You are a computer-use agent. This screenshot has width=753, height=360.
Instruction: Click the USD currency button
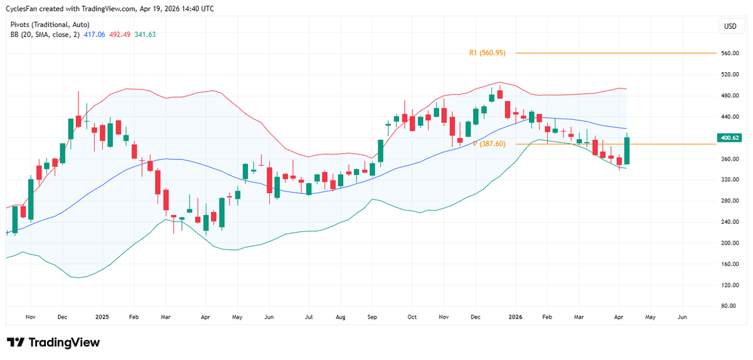[x=730, y=26]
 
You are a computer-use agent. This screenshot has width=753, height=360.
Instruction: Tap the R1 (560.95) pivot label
[x=487, y=53]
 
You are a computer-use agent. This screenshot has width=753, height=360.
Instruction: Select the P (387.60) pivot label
[x=489, y=144]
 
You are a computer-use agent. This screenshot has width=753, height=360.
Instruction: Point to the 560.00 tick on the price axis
[x=729, y=53]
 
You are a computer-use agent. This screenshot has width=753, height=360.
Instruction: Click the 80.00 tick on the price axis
[x=729, y=306]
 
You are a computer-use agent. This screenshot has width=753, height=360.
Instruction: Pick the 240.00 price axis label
[x=729, y=222]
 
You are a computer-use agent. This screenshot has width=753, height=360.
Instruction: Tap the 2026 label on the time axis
[x=515, y=317]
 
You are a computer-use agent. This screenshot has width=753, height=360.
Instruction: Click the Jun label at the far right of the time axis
[x=682, y=317]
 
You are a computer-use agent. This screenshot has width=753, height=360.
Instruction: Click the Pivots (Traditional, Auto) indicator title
[x=50, y=24]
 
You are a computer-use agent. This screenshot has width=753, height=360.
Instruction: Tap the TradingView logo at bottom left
[x=53, y=342]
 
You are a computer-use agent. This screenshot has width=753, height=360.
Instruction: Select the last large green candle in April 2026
[x=627, y=151]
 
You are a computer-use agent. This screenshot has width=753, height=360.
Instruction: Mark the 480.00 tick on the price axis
[x=729, y=95]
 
